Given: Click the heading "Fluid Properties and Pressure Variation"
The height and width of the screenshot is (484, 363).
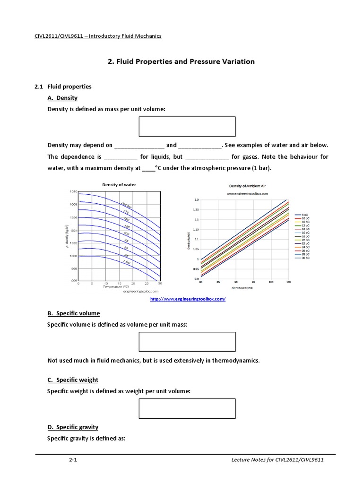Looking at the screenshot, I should point(185,61).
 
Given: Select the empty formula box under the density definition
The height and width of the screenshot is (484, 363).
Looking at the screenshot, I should point(187,126).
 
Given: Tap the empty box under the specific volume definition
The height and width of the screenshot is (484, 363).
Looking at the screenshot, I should point(187,342).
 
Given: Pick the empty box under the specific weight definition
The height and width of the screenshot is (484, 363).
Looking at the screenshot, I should point(187,408).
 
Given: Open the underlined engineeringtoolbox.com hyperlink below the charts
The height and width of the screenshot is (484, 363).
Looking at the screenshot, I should point(188,300).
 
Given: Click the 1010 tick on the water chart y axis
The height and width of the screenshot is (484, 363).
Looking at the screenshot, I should point(73,191).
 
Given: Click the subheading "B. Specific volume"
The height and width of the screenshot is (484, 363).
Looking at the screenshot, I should point(73,313).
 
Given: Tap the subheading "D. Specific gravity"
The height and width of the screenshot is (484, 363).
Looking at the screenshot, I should point(73,427).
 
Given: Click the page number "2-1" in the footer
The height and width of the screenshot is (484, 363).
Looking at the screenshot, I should point(73,459).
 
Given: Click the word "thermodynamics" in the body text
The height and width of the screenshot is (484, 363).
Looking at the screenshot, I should point(237,361).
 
